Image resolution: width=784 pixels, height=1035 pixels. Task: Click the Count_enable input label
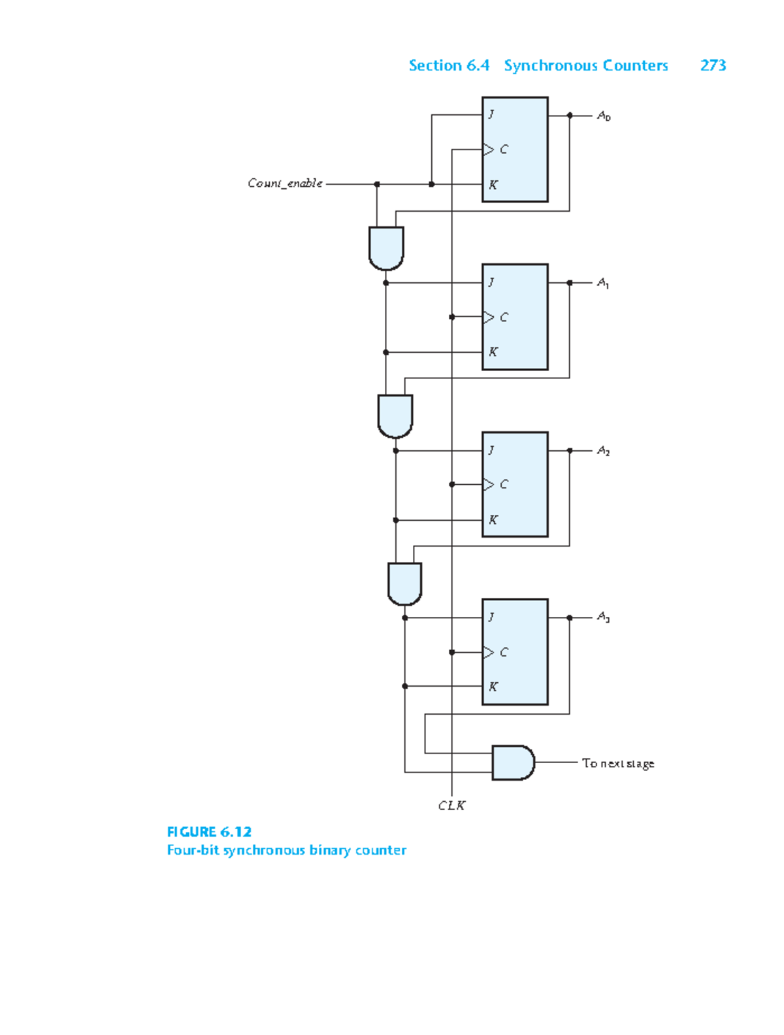(285, 184)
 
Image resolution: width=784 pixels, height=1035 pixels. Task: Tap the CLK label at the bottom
(451, 806)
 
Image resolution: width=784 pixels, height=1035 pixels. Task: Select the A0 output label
(604, 116)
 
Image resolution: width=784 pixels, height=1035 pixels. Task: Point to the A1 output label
(603, 283)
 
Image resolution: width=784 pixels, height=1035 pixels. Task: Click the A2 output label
(603, 451)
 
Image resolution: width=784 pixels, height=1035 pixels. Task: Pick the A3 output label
(603, 617)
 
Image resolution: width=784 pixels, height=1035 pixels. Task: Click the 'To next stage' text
(617, 763)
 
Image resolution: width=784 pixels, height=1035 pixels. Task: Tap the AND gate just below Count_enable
(386, 248)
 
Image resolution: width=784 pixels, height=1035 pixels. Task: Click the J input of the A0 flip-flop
(491, 114)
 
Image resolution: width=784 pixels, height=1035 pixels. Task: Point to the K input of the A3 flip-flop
(493, 687)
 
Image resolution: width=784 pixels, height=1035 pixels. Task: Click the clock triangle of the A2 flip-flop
(488, 484)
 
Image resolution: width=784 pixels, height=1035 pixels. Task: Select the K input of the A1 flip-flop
(493, 352)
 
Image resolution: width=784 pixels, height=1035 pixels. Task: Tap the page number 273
(713, 65)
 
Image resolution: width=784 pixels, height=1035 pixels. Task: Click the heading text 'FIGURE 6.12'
(209, 832)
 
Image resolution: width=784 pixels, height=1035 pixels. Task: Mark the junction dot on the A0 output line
(570, 116)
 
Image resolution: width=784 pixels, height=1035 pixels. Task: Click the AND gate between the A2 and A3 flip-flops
(404, 583)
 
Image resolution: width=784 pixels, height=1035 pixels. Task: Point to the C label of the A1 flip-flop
(504, 318)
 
